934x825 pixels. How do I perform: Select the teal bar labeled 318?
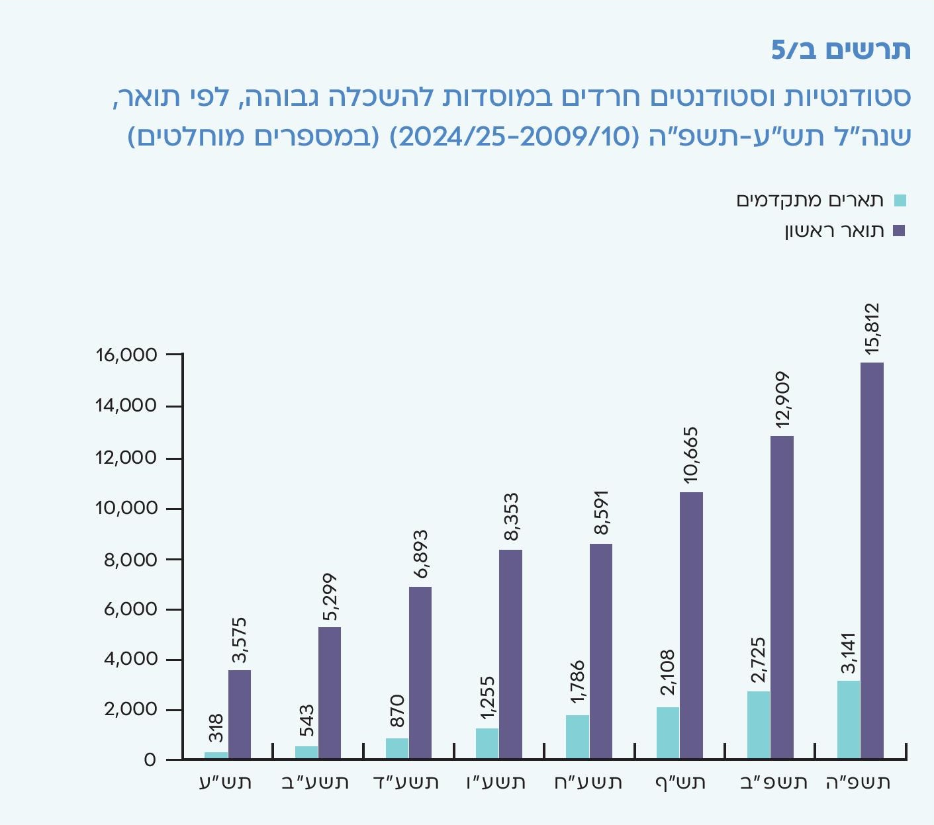pyautogui.click(x=216, y=755)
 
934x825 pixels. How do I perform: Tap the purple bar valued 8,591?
pyautogui.click(x=601, y=651)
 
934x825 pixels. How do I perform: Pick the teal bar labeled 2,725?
pyautogui.click(x=759, y=724)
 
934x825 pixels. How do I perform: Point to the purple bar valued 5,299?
pyautogui.click(x=330, y=693)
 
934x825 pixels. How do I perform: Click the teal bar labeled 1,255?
pyautogui.click(x=487, y=743)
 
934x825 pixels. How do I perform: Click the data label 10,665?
pyautogui.click(x=691, y=455)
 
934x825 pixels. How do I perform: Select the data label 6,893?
pyautogui.click(x=420, y=554)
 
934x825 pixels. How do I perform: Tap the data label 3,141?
pyautogui.click(x=849, y=653)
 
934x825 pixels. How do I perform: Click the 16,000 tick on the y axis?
pyautogui.click(x=126, y=355)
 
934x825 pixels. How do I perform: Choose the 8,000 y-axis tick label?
pyautogui.click(x=131, y=560)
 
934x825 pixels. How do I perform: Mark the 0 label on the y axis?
pyautogui.click(x=150, y=760)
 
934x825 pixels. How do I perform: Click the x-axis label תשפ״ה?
pyautogui.click(x=859, y=783)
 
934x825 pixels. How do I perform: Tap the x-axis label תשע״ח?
pyautogui.click(x=588, y=783)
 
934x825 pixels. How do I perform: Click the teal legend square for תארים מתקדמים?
pyautogui.click(x=900, y=200)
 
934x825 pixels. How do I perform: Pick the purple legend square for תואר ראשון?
pyautogui.click(x=900, y=231)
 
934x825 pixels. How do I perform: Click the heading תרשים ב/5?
pyautogui.click(x=841, y=50)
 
